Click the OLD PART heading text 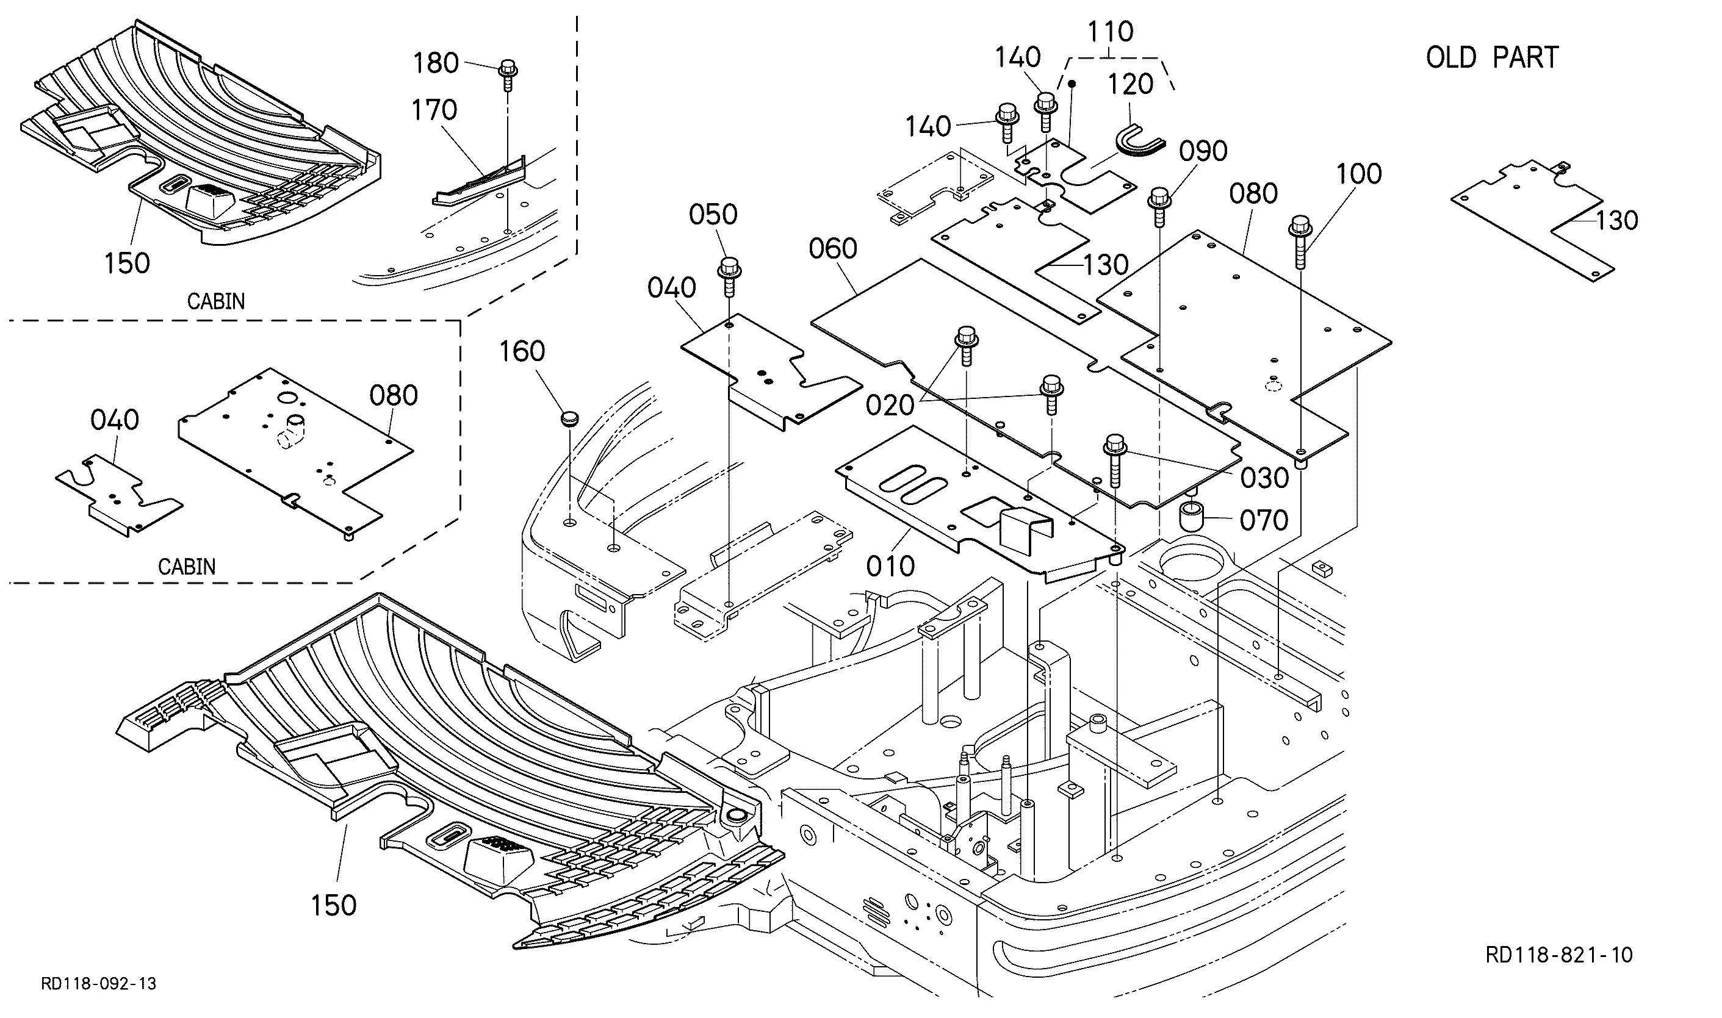[1492, 57]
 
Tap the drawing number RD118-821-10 [1558, 955]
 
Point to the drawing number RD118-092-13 [99, 984]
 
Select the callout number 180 [435, 63]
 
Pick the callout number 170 [434, 110]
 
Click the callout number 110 [1111, 32]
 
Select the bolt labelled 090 [1159, 207]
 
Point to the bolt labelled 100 [1302, 242]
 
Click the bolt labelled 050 [729, 276]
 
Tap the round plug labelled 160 [569, 418]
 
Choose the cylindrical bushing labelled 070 [1193, 517]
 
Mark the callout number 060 [833, 248]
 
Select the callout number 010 [890, 567]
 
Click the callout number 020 [890, 406]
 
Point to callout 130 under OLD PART [1617, 221]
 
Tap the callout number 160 [522, 352]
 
